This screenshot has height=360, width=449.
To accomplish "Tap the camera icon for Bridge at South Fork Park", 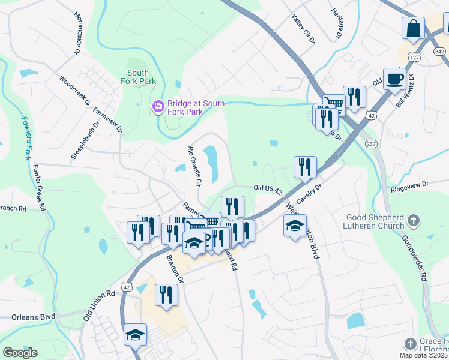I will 158,107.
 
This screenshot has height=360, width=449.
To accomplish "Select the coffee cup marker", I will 394,80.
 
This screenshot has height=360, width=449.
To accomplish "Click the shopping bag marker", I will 414,28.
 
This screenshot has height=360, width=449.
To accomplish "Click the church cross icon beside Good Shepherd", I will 413,221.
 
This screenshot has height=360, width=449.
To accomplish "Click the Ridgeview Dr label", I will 410,188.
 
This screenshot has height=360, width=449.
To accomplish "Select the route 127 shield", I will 414,57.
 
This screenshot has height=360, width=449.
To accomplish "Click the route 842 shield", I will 441,52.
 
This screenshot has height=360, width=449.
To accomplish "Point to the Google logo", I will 20,353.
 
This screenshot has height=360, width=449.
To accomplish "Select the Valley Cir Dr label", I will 303,30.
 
